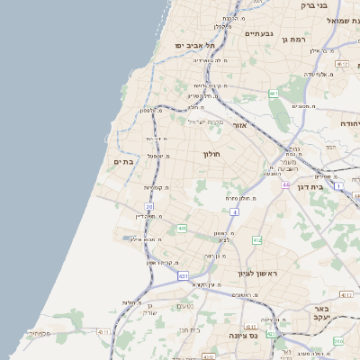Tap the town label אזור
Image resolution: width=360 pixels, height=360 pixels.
(239, 125)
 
